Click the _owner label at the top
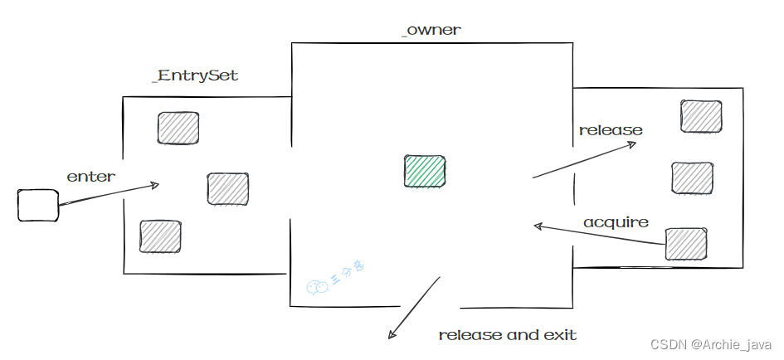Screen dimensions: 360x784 click(430, 31)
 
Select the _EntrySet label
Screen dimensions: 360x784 click(195, 75)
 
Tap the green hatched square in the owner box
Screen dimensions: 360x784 click(424, 170)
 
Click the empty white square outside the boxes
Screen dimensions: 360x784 click(38, 205)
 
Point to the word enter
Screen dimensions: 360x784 click(91, 176)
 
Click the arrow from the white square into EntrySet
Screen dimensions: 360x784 click(108, 194)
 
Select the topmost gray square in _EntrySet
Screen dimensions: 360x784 click(178, 128)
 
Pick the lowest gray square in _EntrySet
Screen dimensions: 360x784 click(160, 236)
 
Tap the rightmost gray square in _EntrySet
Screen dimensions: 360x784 click(228, 189)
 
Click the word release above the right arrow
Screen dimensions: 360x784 click(611, 130)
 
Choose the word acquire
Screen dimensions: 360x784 click(616, 221)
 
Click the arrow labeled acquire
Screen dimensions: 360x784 click(599, 234)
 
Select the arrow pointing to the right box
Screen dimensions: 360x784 click(584, 160)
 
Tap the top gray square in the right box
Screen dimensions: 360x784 click(701, 116)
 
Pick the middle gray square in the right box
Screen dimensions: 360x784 click(692, 178)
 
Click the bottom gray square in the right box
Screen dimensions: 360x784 click(686, 243)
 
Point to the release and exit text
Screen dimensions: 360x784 click(507, 335)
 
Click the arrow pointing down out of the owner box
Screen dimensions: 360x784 click(414, 308)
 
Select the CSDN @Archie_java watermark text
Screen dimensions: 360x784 click(711, 344)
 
